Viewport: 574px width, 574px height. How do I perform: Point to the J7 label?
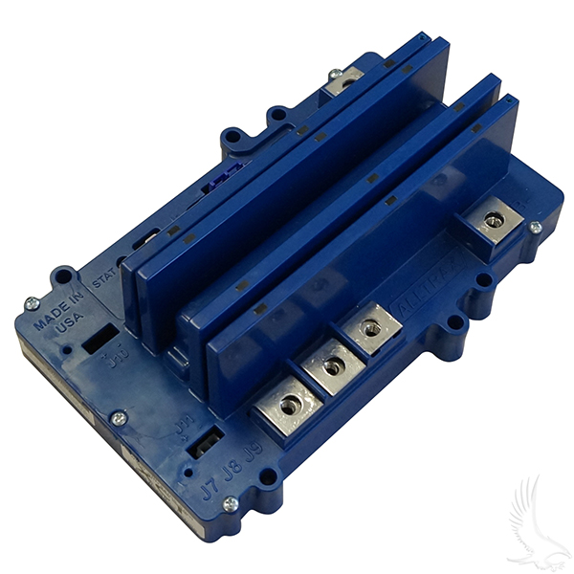pos(208,468)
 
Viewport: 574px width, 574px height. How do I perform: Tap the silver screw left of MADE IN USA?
pos(32,303)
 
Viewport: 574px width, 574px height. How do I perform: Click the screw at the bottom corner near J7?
pos(230,503)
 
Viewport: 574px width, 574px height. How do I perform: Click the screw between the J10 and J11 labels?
pos(119,418)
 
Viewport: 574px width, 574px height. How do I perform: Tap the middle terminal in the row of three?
pos(331,366)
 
